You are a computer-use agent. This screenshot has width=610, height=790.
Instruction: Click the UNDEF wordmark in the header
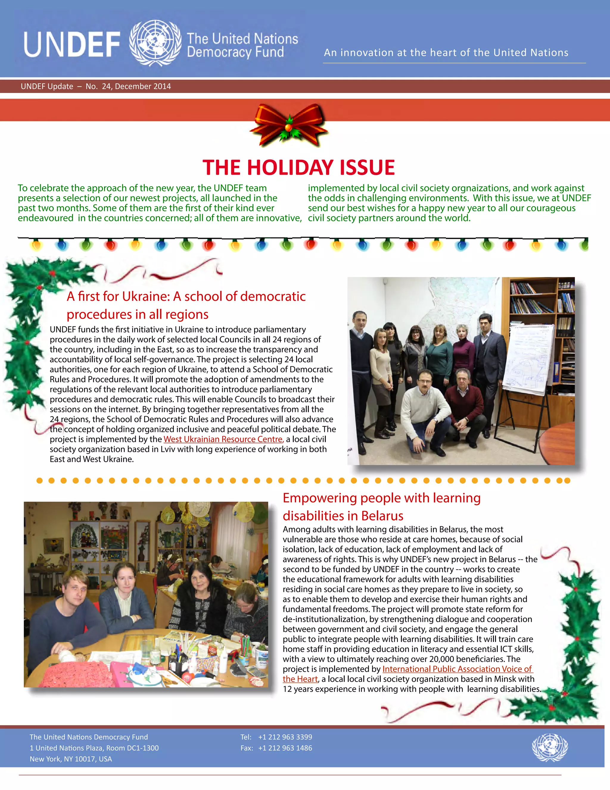(x=72, y=44)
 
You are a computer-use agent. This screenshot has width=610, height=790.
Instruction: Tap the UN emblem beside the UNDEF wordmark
(x=155, y=43)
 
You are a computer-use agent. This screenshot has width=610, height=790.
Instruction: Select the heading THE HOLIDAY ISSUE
(x=298, y=168)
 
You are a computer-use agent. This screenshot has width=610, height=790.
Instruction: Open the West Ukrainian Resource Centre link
(x=223, y=439)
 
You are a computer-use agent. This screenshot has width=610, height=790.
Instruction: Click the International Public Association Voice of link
(x=457, y=669)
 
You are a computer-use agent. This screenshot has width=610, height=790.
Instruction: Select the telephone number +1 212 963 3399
(x=285, y=737)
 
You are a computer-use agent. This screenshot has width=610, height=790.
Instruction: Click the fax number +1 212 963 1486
(x=285, y=748)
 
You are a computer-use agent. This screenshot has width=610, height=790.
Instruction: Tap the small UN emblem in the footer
(x=550, y=747)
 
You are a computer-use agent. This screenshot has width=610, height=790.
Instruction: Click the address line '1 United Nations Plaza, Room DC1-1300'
(x=94, y=748)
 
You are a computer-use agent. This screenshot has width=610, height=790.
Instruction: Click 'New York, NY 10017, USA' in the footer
(x=71, y=758)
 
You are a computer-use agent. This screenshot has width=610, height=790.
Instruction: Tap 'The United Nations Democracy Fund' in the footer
(x=88, y=737)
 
